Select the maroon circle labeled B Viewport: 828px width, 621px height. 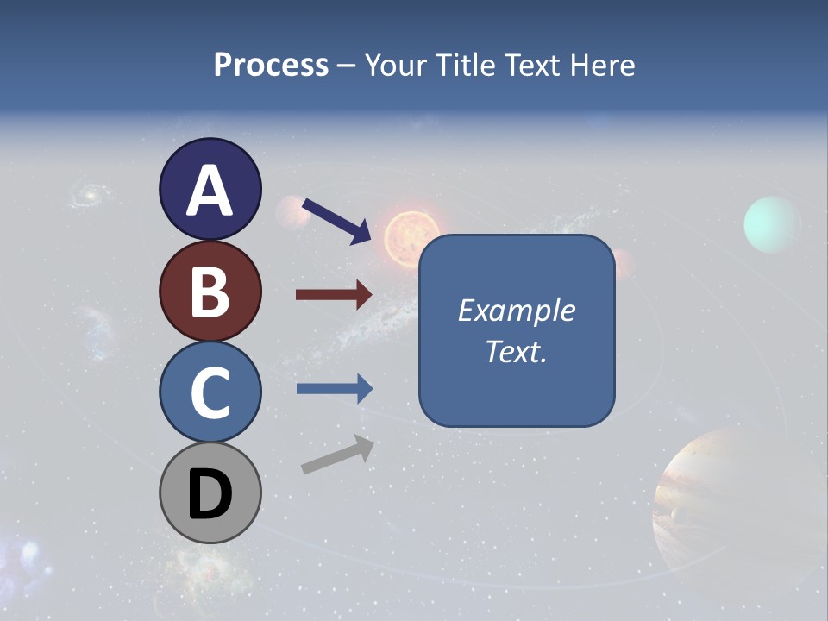210,291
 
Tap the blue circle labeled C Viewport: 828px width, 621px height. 210,392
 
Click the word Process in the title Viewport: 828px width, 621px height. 271,65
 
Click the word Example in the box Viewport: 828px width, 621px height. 516,310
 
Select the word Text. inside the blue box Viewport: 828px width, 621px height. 516,351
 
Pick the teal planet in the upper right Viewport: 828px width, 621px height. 772,224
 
